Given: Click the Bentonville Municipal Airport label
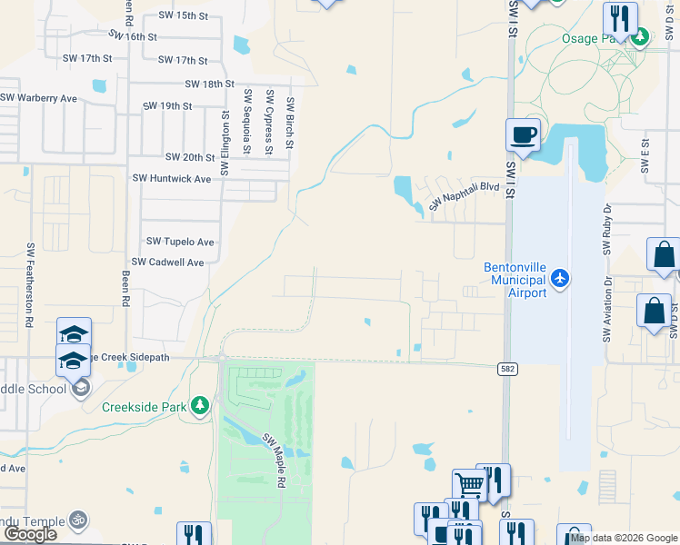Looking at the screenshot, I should pos(515,281).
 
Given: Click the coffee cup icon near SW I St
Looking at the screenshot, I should pos(523,135).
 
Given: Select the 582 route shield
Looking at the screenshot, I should pos(508,369).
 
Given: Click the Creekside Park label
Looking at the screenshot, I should pos(145,406).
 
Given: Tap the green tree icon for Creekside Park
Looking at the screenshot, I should pos(200,406).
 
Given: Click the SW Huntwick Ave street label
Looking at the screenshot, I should pos(172,179).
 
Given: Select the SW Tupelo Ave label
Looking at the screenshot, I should pos(180,242).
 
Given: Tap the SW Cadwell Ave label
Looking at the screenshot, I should pos(168,262).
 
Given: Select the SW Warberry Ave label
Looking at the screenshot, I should pos(38,97).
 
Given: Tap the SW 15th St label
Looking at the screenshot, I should pos(183,15).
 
